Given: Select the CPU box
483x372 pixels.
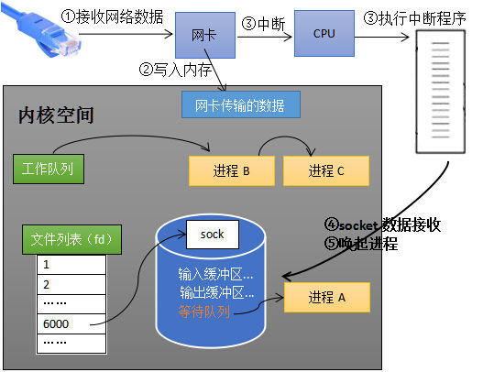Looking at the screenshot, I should coord(324,34).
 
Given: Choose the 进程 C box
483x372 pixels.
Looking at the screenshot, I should coord(325,170).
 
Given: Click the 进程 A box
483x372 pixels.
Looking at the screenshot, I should coord(326,298).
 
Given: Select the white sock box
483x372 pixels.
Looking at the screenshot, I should coord(213,235).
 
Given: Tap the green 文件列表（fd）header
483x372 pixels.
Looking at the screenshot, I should coord(67,239).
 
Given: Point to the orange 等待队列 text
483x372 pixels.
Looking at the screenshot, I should coord(203,312).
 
